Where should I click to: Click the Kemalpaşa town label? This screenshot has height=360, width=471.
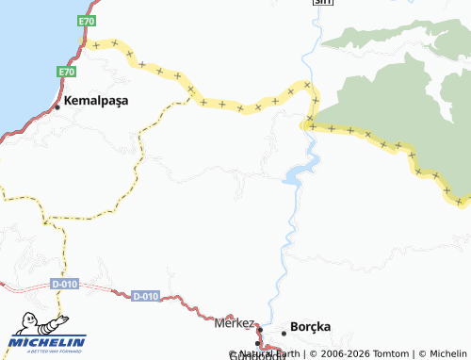click(x=96, y=99)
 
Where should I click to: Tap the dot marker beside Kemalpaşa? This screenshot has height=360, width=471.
click(x=57, y=106)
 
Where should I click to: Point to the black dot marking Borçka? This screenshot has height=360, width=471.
click(x=284, y=333)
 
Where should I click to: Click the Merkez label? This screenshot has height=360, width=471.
click(x=235, y=322)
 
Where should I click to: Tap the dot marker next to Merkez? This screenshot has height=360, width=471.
click(x=259, y=329)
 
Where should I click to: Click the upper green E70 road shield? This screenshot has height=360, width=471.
click(x=87, y=21)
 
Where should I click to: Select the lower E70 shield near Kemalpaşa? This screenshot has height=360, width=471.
click(x=65, y=72)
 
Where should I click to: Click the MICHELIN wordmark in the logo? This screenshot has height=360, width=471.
click(x=47, y=341)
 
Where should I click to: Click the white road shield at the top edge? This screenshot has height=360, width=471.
click(x=323, y=3)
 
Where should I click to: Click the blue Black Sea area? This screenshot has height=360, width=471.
click(x=24, y=47)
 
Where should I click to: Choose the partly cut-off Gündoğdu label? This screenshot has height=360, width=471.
click(x=256, y=355)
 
